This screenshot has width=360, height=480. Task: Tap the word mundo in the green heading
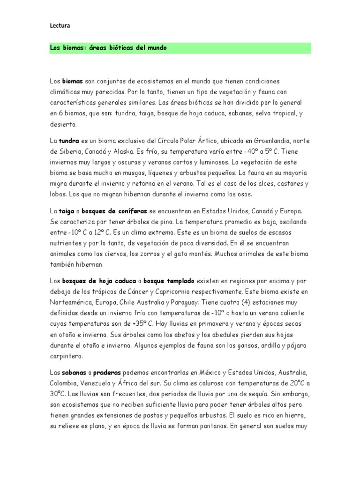[156, 48]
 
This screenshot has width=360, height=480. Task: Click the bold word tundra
[68, 141]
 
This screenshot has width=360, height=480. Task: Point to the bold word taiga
[67, 212]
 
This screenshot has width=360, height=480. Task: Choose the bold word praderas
[107, 372]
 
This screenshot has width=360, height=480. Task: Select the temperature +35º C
[142, 323]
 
